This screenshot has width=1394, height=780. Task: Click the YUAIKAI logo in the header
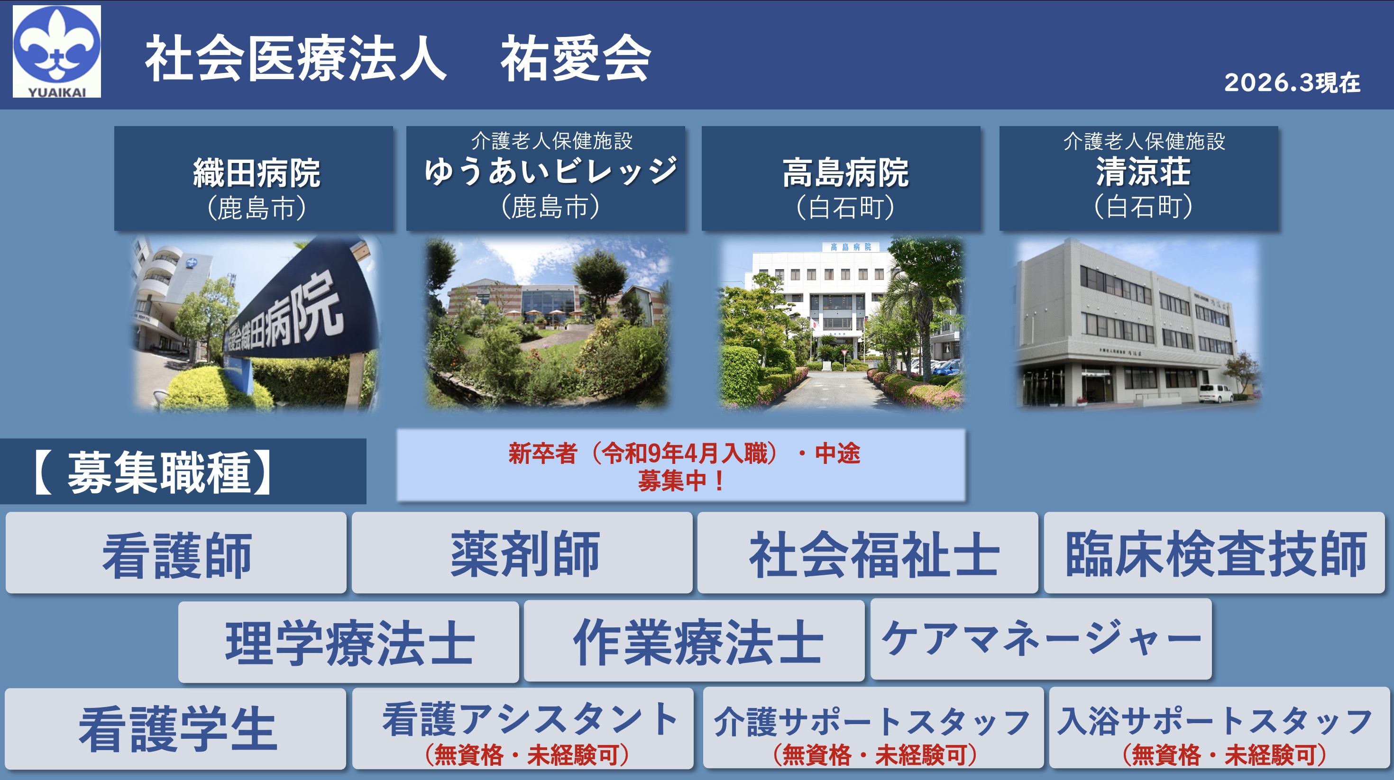57,51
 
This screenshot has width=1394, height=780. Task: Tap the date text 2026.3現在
1292,83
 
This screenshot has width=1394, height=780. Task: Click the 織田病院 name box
253,179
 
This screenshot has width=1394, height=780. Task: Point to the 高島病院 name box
841,179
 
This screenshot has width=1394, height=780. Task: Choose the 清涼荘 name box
1138,179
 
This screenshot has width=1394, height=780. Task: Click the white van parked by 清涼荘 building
1215,393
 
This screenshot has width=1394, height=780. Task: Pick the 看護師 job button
176,553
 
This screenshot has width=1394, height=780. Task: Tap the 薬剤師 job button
522,553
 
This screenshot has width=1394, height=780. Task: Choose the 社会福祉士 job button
868,553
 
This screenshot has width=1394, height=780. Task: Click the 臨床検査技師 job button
1214,553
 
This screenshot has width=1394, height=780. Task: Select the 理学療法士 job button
348,642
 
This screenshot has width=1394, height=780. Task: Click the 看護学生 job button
175,729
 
